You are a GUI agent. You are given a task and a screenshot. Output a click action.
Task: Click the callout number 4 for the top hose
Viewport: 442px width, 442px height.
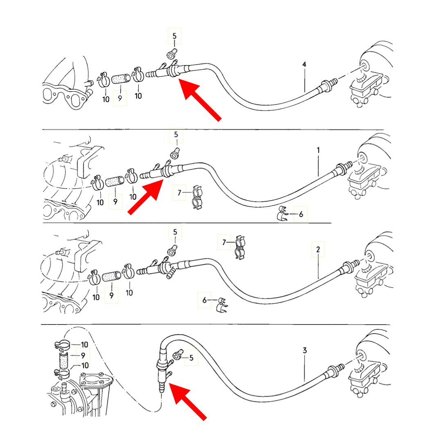(304, 65)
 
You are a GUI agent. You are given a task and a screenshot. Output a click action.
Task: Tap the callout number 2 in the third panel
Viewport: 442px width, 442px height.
(318, 250)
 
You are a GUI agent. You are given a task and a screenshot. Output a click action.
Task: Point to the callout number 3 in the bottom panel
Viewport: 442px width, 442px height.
(305, 350)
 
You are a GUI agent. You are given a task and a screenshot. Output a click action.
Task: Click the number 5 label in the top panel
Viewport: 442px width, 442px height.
(174, 36)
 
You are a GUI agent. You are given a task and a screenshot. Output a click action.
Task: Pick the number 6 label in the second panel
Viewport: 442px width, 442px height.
(301, 214)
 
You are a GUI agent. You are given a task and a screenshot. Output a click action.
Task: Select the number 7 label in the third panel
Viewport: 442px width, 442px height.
(224, 242)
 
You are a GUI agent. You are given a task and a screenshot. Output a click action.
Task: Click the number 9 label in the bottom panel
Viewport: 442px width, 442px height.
(83, 356)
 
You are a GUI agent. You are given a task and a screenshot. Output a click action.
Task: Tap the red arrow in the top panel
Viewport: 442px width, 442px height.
(200, 100)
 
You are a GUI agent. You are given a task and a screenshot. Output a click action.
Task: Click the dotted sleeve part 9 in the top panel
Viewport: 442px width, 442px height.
(121, 79)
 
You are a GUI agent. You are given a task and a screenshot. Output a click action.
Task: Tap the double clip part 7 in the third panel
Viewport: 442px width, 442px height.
(240, 248)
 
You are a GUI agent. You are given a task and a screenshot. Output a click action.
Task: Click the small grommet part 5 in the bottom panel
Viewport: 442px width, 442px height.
(178, 354)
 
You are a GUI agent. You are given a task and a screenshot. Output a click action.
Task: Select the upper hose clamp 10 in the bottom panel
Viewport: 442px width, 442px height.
(62, 345)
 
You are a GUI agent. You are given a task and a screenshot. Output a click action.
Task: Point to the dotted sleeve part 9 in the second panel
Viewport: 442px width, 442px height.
(115, 181)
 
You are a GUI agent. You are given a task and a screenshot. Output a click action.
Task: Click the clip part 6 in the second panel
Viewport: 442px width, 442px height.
(282, 213)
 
